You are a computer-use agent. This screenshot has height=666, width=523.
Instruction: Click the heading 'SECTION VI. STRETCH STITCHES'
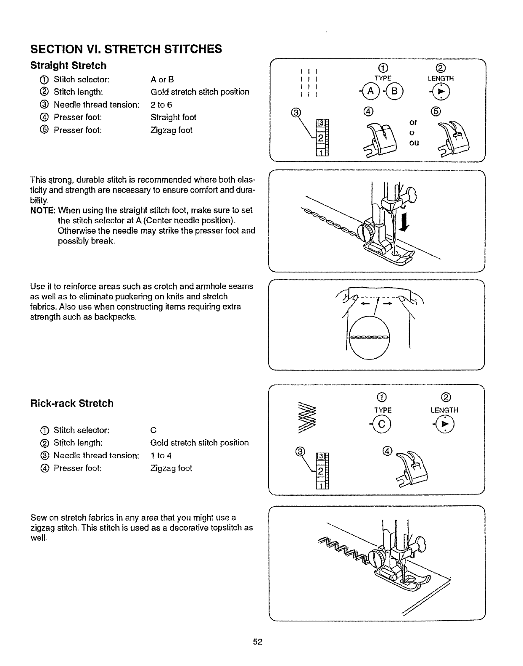point(126,49)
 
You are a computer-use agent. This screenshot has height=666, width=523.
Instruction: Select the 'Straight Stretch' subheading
point(69,66)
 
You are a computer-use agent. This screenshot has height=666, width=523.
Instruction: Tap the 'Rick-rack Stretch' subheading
point(72,403)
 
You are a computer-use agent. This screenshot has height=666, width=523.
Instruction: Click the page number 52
point(258,642)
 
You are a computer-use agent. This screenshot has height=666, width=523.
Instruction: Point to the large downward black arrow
point(404,222)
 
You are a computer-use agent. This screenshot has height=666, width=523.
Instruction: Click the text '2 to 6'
point(161,105)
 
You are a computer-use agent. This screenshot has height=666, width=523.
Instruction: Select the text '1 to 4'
point(161,455)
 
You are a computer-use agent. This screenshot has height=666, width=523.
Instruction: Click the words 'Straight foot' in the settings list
point(173,117)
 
